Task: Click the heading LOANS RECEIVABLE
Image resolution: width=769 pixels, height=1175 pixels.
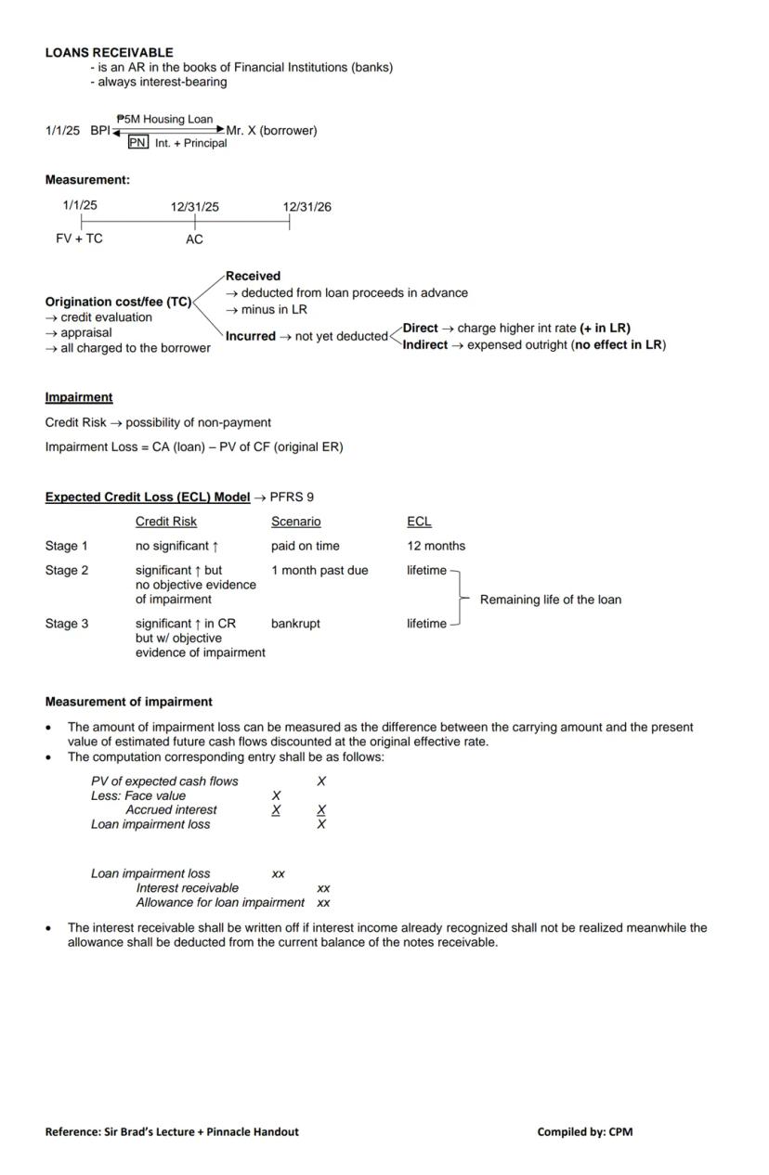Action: [109, 53]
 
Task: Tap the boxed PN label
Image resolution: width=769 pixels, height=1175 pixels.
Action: [137, 143]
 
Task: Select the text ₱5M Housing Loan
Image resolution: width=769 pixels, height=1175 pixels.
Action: [165, 120]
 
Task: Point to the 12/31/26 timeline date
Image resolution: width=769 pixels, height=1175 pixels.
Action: [306, 207]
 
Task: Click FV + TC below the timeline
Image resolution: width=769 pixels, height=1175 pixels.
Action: [79, 239]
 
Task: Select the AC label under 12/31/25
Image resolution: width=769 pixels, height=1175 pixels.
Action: [194, 239]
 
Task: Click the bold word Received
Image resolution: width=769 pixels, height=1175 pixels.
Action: [253, 276]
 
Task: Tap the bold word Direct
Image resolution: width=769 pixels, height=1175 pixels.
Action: [420, 328]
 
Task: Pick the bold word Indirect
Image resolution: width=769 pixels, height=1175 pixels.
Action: [425, 344]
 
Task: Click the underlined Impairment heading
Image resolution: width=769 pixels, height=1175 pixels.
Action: [79, 397]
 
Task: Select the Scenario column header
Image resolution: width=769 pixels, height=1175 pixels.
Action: [295, 522]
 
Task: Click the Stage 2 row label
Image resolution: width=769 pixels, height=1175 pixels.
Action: [67, 570]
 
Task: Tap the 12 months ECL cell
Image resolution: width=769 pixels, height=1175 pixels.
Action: [436, 546]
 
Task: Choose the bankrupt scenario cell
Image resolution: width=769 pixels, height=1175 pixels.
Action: [295, 624]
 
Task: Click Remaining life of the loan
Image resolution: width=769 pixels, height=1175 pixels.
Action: [550, 600]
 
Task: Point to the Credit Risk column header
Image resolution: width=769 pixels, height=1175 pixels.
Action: [166, 522]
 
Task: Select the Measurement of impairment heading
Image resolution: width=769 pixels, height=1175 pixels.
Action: [128, 702]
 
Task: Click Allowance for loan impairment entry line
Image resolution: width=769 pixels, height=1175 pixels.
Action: [220, 902]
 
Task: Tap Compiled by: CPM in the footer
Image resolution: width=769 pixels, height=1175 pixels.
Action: [584, 1131]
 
